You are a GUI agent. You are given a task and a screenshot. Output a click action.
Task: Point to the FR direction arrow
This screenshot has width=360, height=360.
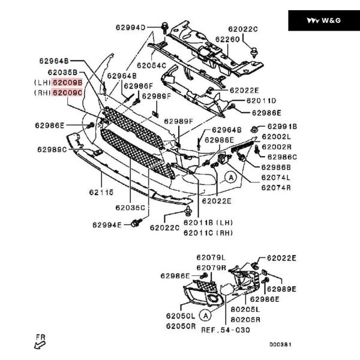click(x=41, y=343)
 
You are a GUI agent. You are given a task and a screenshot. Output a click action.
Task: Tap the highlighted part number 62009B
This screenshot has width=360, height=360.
click(x=67, y=82)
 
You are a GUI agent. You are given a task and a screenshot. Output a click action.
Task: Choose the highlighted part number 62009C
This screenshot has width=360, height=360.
click(x=67, y=93)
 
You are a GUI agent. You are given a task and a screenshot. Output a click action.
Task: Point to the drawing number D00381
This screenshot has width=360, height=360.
click(x=280, y=344)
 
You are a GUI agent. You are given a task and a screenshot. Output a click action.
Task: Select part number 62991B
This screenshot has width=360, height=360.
click(x=282, y=127)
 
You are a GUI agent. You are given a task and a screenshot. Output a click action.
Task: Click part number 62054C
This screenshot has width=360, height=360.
click(x=151, y=65)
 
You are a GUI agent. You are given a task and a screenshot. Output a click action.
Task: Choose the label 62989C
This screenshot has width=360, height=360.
click(x=52, y=149)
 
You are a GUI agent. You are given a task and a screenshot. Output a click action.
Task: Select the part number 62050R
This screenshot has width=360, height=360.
click(x=181, y=326)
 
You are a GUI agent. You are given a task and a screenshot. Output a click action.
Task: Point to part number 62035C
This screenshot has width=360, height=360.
click(x=131, y=208)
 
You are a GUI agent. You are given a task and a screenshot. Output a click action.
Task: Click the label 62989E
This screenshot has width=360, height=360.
click(x=281, y=289)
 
